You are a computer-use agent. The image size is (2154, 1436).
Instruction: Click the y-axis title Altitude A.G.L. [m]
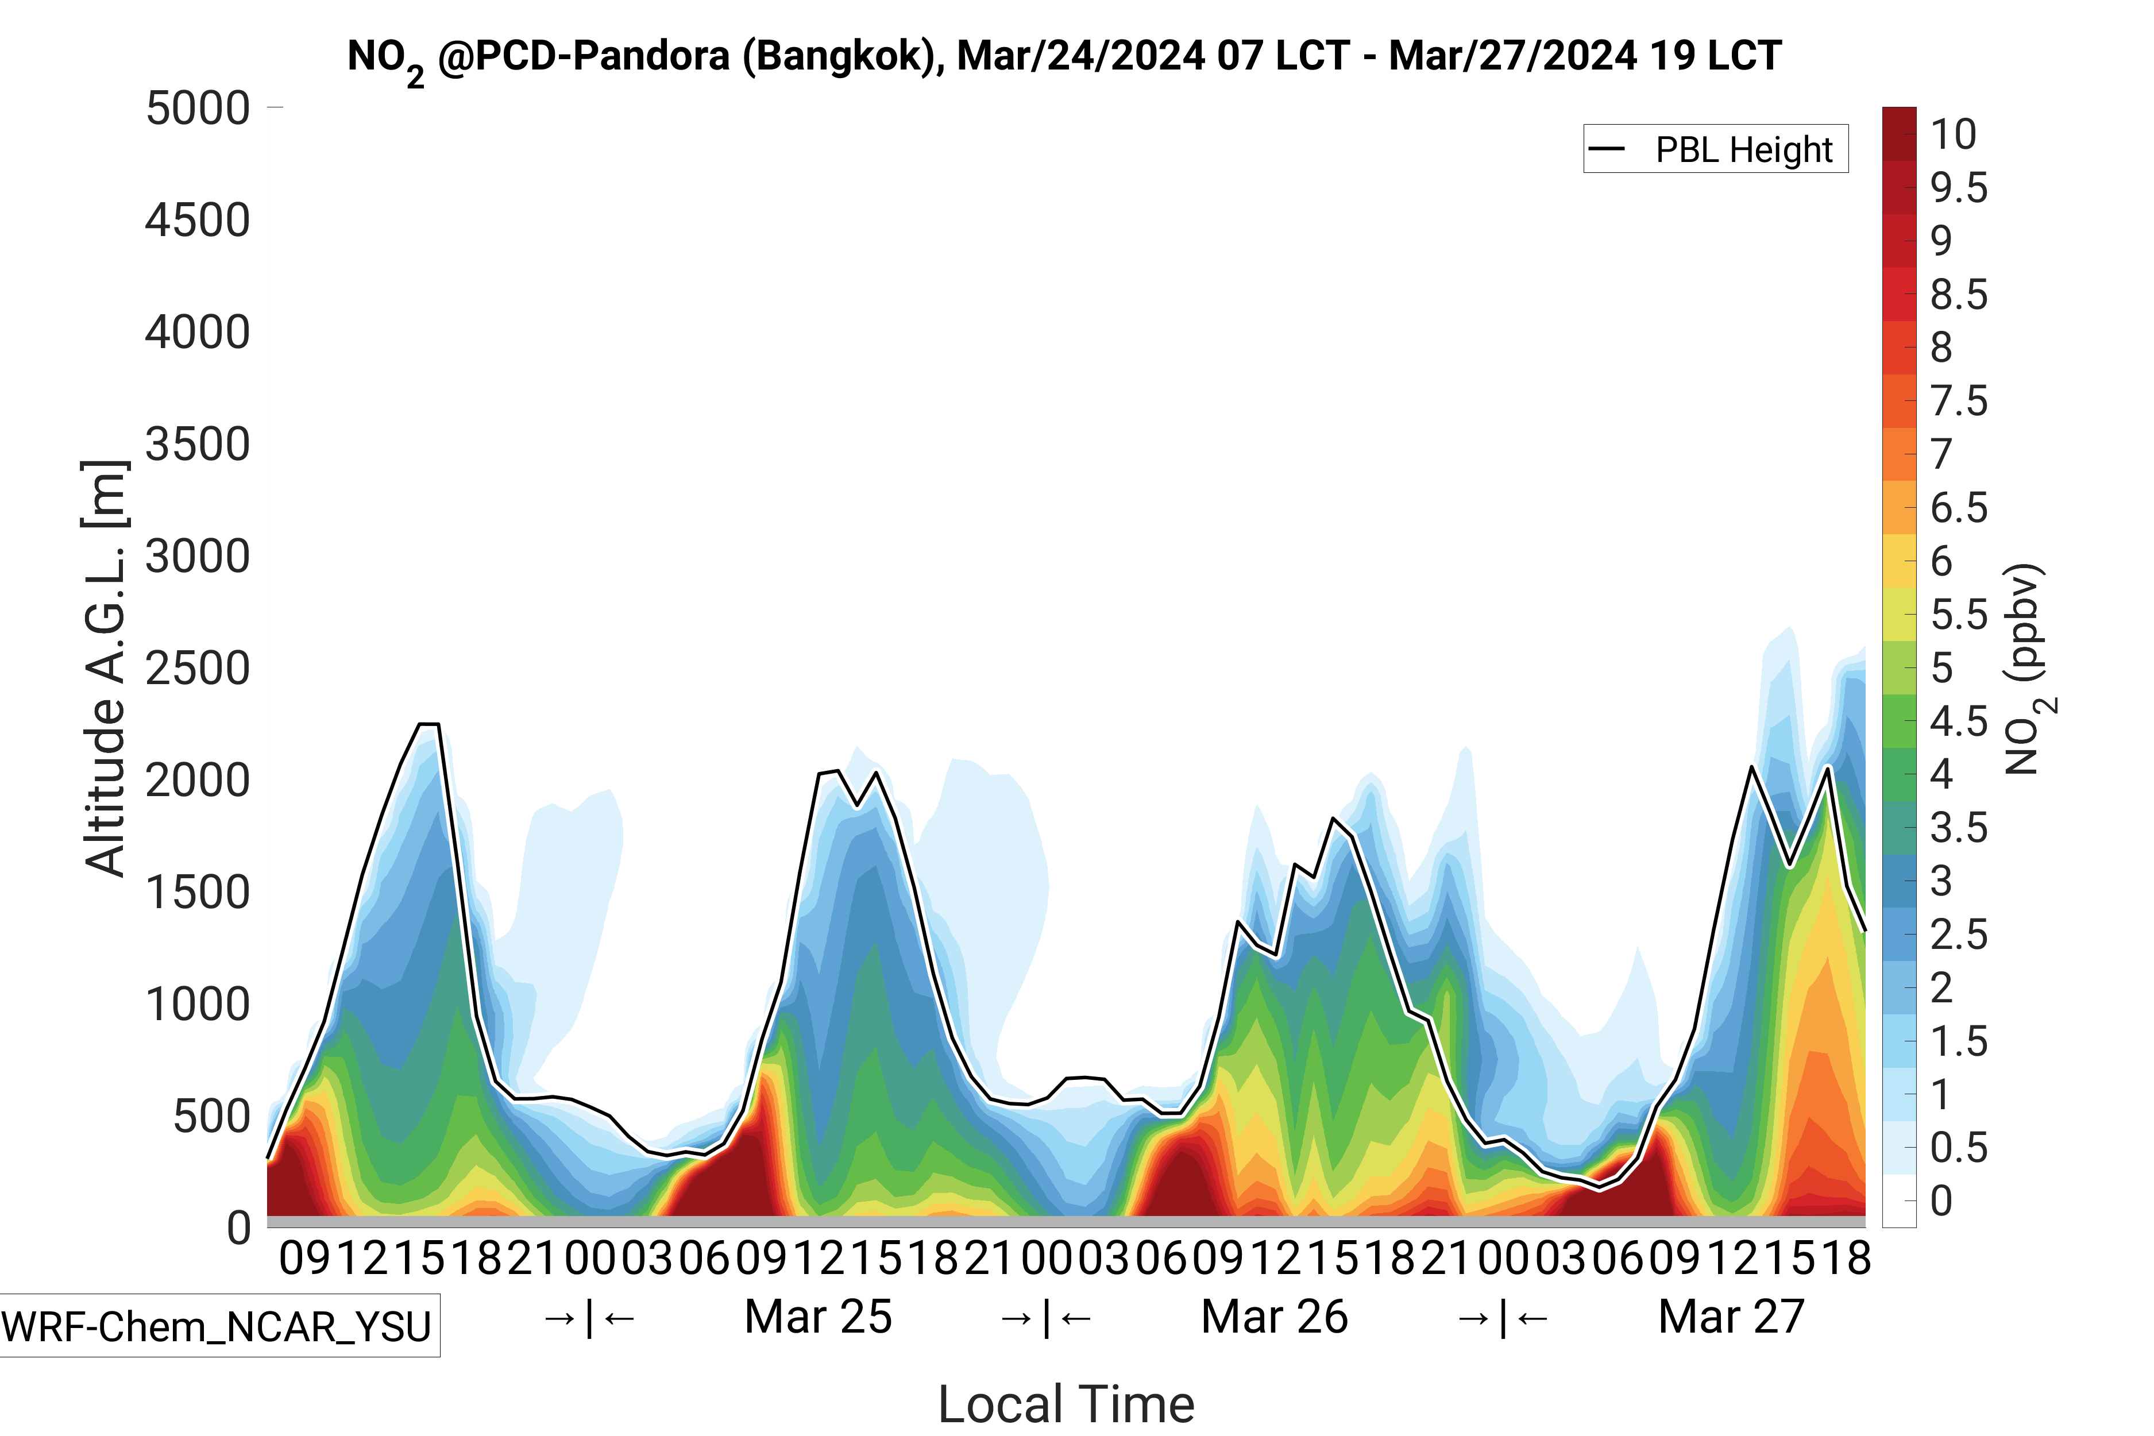105,669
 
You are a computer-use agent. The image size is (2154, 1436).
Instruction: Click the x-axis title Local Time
1066,1404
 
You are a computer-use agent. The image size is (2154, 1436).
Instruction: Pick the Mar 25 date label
818,1317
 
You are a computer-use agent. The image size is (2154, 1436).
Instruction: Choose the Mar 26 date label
1274,1317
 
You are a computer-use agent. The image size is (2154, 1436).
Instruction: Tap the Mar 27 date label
1731,1317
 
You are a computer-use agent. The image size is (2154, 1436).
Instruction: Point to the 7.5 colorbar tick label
1959,401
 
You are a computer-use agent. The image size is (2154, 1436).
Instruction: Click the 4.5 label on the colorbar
1959,721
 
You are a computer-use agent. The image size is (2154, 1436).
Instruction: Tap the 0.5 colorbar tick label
1959,1148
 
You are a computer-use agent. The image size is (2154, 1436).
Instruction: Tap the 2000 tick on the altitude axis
198,780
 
